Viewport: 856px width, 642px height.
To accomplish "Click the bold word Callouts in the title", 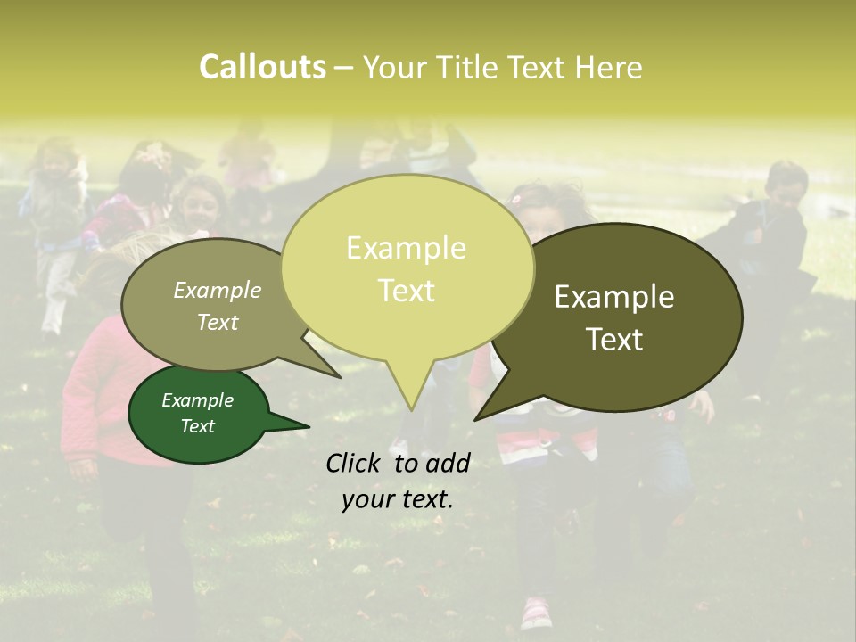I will pos(262,67).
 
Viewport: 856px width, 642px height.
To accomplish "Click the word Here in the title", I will pos(609,68).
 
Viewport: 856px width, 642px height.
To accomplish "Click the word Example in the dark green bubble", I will pos(197,400).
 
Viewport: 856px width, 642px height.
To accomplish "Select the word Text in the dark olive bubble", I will pos(614,340).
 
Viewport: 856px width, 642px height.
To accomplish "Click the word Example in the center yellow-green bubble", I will pos(406,248).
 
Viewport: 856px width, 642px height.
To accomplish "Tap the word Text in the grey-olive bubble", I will pos(218,322).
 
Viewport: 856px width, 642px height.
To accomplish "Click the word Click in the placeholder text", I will pos(355,462).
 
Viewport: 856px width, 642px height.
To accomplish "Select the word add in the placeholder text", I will pos(448,462).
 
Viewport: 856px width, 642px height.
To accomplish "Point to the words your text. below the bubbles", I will pos(398,499).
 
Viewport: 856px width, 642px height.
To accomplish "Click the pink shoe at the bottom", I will pos(536,612).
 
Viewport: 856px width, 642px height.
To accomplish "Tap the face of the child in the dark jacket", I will pos(785,187).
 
